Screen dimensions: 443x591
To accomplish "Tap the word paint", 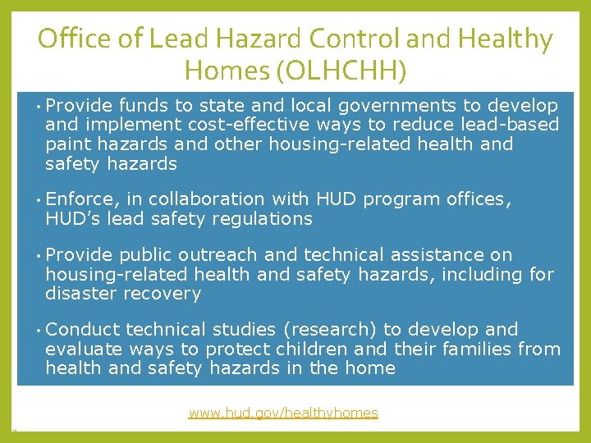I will [69, 144].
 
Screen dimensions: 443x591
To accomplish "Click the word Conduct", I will [83, 330].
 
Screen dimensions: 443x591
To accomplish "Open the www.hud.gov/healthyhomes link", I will [283, 413].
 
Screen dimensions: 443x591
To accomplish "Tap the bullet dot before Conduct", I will [38, 331].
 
